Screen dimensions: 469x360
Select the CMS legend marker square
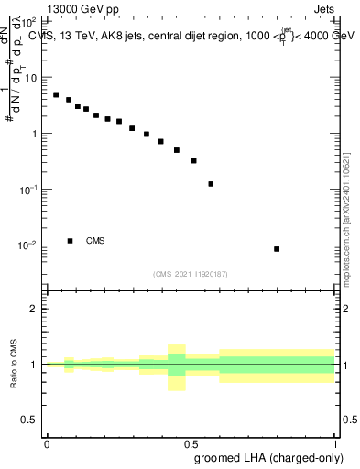pos(71,241)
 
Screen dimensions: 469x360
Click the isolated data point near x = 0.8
pos(277,249)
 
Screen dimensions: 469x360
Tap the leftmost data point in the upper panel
pos(56,94)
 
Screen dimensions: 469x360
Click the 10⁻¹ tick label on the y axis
pos(29,190)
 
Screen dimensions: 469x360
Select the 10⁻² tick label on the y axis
pos(29,245)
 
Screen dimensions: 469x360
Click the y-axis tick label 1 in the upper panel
pos(36,134)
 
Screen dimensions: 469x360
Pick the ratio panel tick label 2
pos(36,309)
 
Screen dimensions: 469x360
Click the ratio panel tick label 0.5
pos(32,420)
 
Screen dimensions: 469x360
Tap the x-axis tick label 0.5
pos(191,443)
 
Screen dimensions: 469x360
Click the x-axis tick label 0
pos(47,443)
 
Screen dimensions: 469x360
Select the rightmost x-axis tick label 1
pos(335,443)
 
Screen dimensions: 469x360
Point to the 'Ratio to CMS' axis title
pos(14,365)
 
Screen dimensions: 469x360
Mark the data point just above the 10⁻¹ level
pos(211,184)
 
